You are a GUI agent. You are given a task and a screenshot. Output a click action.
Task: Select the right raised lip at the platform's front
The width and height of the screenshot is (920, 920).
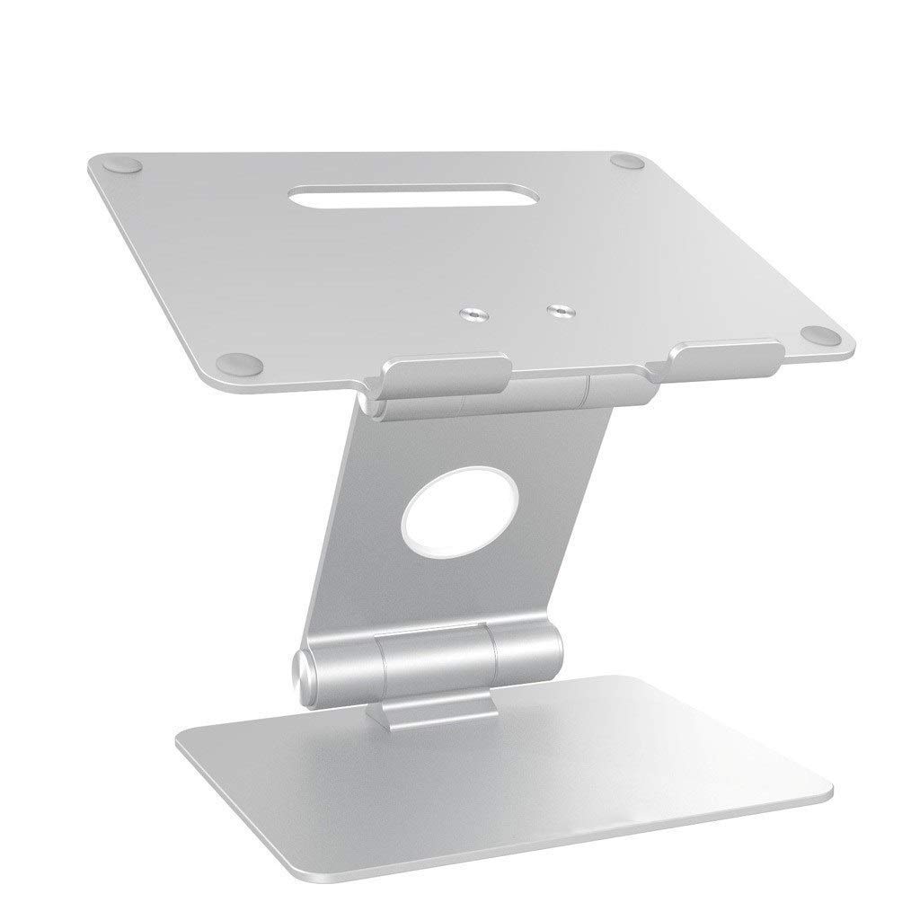tap(723, 353)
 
